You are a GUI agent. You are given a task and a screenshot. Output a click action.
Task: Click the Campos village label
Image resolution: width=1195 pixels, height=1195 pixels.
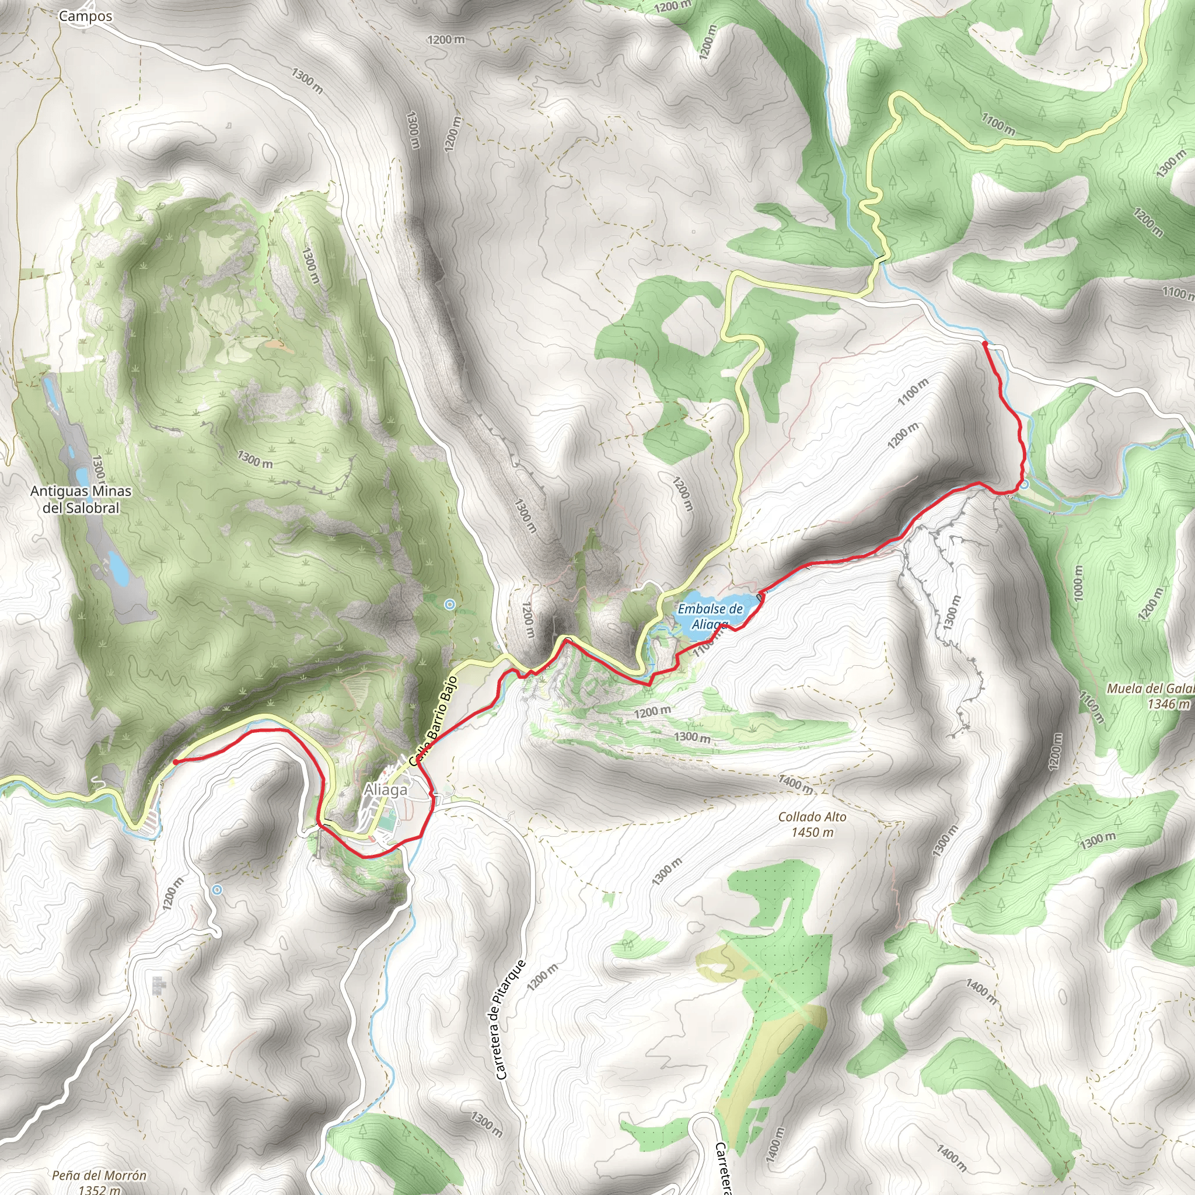pyautogui.click(x=85, y=17)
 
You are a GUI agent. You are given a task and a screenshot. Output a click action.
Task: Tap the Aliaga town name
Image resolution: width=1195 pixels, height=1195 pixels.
pyautogui.click(x=385, y=790)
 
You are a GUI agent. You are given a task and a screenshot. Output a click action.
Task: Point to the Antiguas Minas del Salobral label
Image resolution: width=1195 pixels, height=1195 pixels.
pyautogui.click(x=81, y=499)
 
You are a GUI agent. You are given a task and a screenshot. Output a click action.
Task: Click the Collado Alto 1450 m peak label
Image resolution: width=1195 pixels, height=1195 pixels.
pyautogui.click(x=812, y=824)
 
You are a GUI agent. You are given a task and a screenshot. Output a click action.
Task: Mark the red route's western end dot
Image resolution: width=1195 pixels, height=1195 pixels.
pyautogui.click(x=176, y=762)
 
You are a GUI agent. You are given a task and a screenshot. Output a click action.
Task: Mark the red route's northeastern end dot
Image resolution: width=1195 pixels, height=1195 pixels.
pyautogui.click(x=984, y=343)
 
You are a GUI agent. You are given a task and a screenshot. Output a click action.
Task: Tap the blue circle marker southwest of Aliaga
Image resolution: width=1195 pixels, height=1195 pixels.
pyautogui.click(x=216, y=889)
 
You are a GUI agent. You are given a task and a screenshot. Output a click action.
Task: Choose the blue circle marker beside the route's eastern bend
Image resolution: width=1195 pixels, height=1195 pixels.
pyautogui.click(x=1024, y=484)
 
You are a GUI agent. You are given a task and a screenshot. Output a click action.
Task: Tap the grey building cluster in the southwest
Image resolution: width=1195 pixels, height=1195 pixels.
pyautogui.click(x=159, y=986)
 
